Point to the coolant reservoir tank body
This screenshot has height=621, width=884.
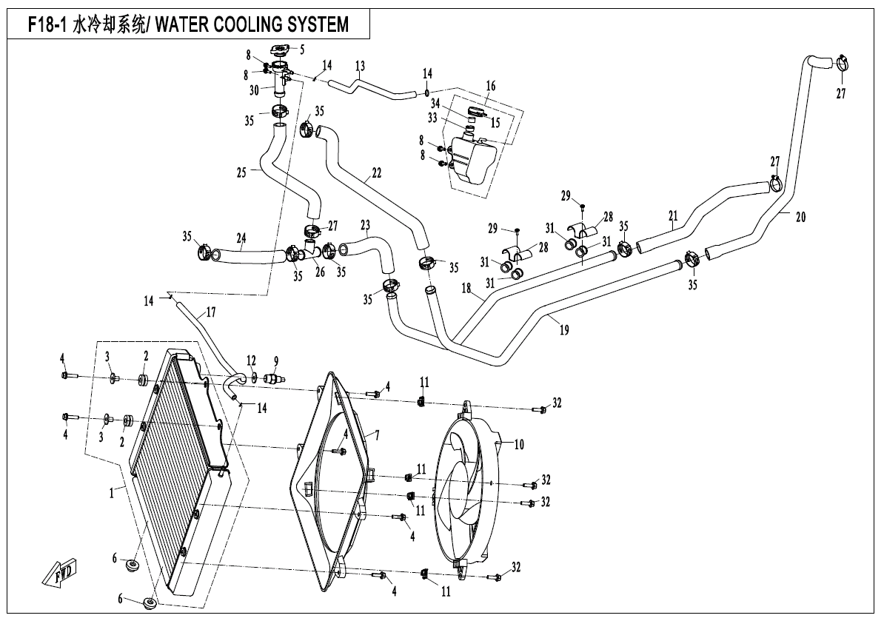[469, 158]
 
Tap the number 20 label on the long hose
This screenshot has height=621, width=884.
[800, 218]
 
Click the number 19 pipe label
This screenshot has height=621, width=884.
[564, 331]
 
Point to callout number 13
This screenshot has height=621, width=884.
[360, 67]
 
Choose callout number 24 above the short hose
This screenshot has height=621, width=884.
[241, 238]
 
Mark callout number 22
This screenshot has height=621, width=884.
[376, 173]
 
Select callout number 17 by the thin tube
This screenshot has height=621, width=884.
[210, 312]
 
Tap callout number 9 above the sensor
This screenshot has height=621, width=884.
[275, 362]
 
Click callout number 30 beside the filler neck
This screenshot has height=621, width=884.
[254, 90]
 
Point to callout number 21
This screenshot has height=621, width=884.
[673, 216]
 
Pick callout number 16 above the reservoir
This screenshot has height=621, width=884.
[490, 86]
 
